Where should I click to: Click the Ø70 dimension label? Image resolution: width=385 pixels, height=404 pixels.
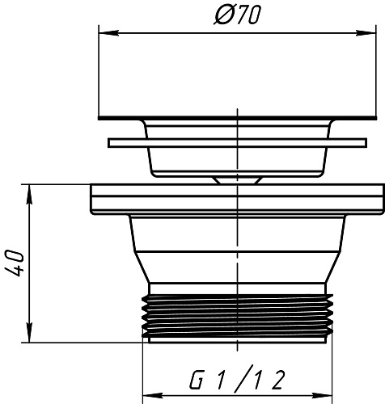238,15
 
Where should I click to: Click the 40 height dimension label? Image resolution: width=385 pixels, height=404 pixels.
15,263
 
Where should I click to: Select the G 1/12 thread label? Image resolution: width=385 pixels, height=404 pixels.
237,377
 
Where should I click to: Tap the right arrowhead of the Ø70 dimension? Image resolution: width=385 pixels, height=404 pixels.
366,33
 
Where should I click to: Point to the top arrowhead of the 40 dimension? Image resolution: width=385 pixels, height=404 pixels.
29,195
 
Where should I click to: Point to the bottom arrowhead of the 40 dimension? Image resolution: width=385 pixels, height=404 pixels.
29,333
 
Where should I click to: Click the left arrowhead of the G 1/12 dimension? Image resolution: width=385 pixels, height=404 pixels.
152,396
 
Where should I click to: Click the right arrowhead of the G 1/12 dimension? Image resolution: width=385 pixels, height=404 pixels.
322,396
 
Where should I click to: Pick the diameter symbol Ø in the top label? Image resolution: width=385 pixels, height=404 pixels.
222,15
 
